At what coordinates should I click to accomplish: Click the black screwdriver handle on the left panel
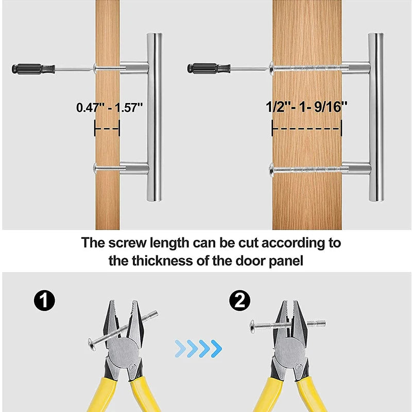33,69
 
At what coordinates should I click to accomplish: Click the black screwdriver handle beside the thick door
209,68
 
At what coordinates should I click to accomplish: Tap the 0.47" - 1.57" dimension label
110,108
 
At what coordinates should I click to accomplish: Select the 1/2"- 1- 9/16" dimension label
306,107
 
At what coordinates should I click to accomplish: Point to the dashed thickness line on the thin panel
107,129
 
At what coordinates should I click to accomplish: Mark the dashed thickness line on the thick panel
306,128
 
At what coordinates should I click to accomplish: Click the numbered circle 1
44,300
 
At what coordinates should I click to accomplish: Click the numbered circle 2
239,301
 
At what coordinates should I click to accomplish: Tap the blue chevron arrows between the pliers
198,349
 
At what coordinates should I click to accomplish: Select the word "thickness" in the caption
162,261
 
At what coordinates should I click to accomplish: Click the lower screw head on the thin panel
95,168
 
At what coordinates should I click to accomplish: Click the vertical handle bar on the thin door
154,117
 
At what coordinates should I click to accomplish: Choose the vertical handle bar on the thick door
376,117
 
